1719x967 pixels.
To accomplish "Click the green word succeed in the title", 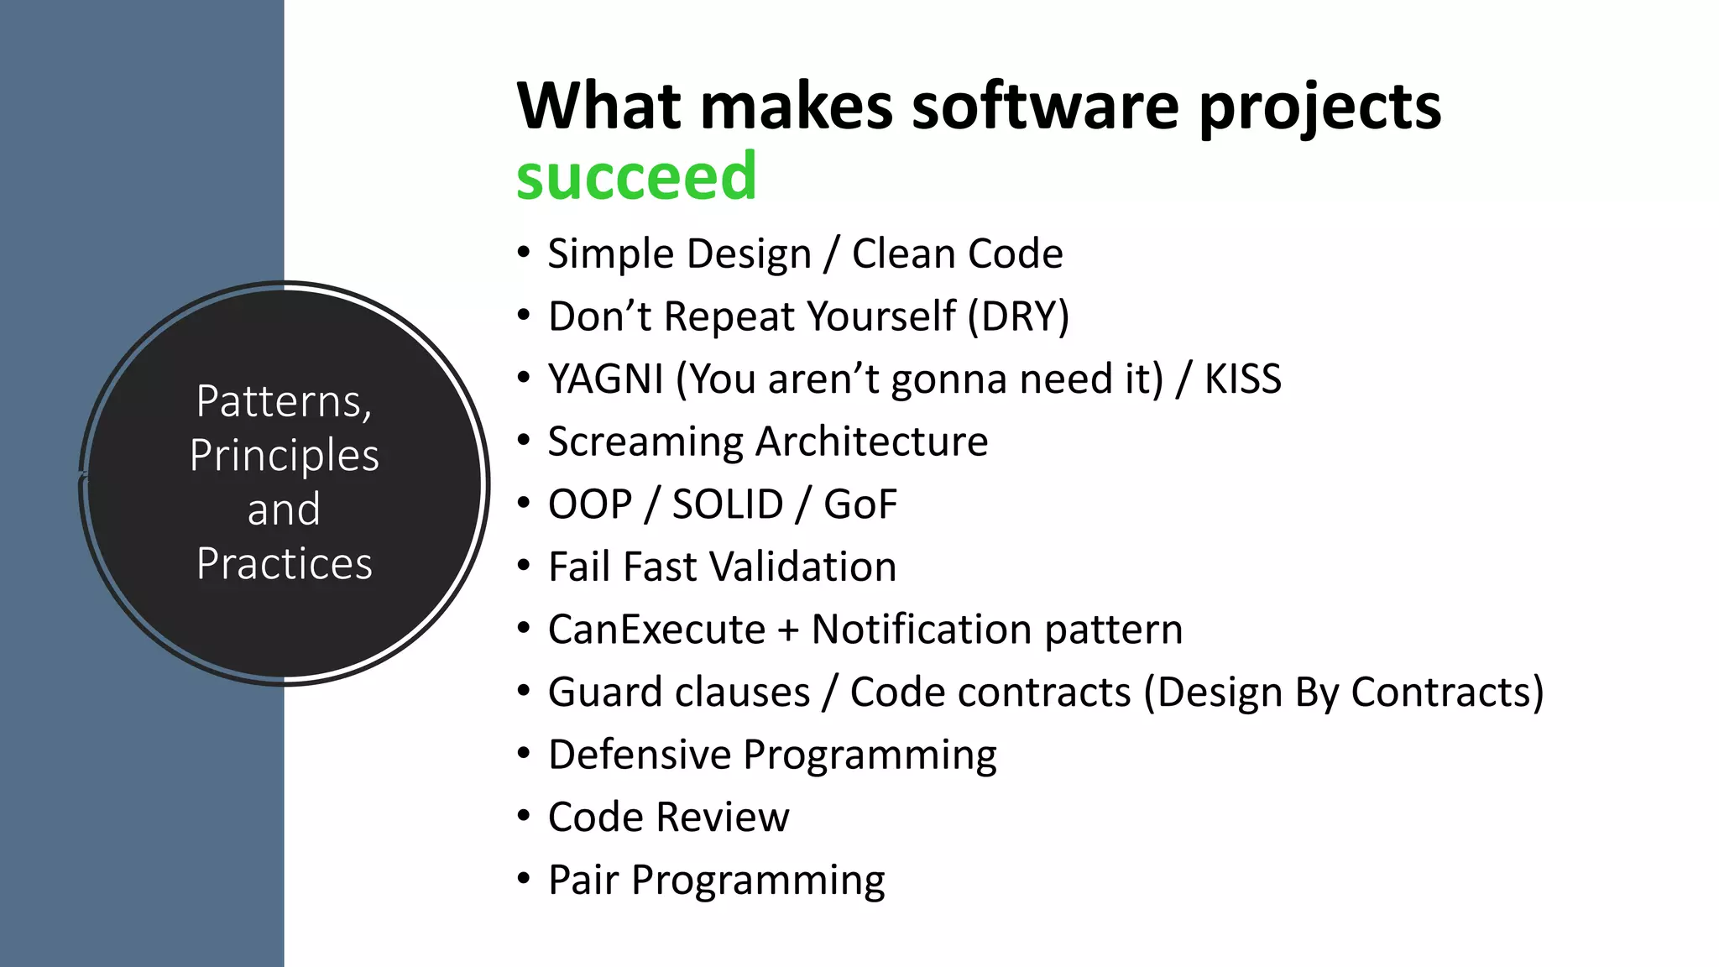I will pyautogui.click(x=636, y=177).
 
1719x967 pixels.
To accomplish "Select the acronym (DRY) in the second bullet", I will pyautogui.click(x=1018, y=316).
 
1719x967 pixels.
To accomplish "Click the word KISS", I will pyautogui.click(x=1242, y=379).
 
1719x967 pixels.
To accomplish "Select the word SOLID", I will pyautogui.click(x=727, y=504).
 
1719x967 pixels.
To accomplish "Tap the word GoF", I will pyautogui.click(x=860, y=504).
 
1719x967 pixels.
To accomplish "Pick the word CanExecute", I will pyautogui.click(x=656, y=630).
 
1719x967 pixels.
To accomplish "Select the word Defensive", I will pyautogui.click(x=640, y=755).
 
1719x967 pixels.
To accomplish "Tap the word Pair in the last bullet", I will pyautogui.click(x=583, y=880).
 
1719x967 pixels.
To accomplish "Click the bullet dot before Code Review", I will pyautogui.click(x=524, y=816).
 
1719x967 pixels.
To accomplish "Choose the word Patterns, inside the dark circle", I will pyautogui.click(x=284, y=401).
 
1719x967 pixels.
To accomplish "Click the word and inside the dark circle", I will pyautogui.click(x=284, y=510).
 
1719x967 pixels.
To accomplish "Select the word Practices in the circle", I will pyautogui.click(x=284, y=563).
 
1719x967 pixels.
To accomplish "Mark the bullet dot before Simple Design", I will pyautogui.click(x=524, y=252).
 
